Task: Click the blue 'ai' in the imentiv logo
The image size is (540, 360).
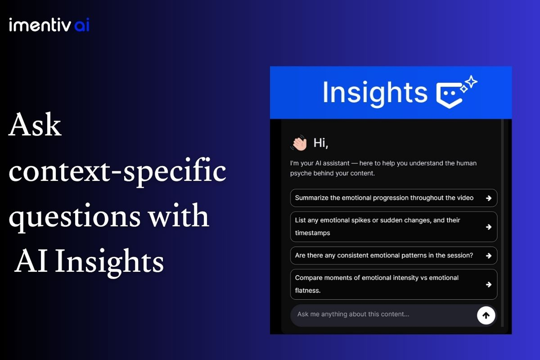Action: tap(82, 25)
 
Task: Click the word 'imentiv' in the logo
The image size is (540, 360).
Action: tap(40, 25)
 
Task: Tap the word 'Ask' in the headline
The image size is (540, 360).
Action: tap(35, 125)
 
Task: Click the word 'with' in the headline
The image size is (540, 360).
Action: tap(179, 215)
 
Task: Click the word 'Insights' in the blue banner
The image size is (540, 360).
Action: tap(375, 93)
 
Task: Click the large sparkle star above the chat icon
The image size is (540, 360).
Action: tap(471, 82)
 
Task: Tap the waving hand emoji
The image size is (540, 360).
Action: tap(299, 143)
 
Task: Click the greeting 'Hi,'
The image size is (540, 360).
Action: tap(320, 143)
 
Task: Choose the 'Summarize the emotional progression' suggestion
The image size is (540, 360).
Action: tap(394, 198)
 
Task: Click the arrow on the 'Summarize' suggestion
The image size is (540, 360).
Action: tap(489, 198)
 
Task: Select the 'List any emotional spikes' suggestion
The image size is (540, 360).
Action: tap(394, 227)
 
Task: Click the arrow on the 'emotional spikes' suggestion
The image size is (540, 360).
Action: tap(489, 227)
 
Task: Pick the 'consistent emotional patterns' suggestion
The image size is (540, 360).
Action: tap(394, 256)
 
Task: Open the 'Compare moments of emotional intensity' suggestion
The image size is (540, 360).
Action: tap(394, 284)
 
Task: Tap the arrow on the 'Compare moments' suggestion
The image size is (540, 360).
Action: tap(489, 284)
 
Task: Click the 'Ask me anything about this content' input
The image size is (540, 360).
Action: tap(383, 315)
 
